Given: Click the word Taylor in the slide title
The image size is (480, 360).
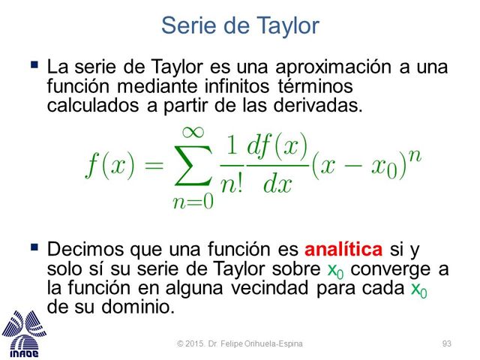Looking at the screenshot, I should click(281, 26).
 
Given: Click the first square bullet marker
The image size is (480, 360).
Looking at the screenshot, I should click(34, 65).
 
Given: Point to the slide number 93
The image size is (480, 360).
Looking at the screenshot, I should click(447, 343).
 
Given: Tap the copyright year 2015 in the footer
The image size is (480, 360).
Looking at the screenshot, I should click(195, 343).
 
